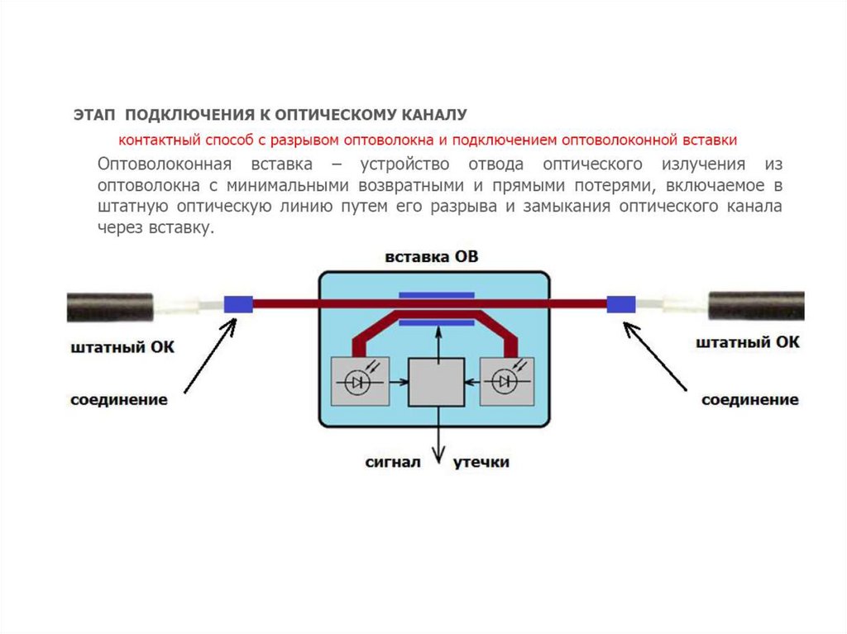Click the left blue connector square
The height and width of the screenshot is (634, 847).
[238, 304]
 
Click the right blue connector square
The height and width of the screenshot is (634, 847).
[620, 304]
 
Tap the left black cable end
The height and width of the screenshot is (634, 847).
[108, 306]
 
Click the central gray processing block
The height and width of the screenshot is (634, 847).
[435, 382]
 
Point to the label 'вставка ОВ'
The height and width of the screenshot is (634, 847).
[431, 257]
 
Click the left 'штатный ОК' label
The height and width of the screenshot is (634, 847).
[122, 346]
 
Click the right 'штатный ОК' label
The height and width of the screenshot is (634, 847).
[748, 342]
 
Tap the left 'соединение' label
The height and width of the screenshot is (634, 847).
[118, 400]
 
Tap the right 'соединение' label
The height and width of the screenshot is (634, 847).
[750, 400]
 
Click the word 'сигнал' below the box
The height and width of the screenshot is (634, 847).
[394, 462]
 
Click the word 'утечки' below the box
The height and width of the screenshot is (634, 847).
[481, 462]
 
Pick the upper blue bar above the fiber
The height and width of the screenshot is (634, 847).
[437, 294]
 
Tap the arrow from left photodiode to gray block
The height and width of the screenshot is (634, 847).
[399, 382]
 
